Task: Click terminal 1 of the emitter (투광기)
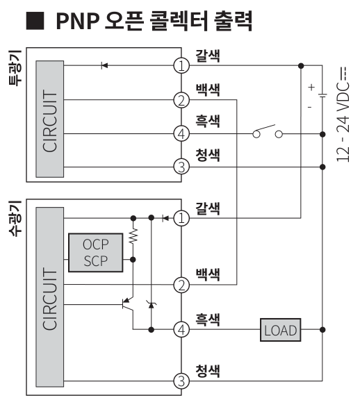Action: [x=181, y=65]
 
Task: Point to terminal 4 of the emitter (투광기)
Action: [x=181, y=133]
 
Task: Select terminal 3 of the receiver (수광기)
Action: [x=181, y=380]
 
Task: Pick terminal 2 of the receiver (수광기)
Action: [x=181, y=284]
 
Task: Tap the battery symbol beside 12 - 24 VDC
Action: [x=320, y=98]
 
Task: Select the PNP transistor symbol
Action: [x=127, y=303]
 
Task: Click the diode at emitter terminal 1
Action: [x=104, y=65]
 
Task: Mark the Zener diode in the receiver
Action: [x=150, y=304]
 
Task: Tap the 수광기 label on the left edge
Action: [x=12, y=217]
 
